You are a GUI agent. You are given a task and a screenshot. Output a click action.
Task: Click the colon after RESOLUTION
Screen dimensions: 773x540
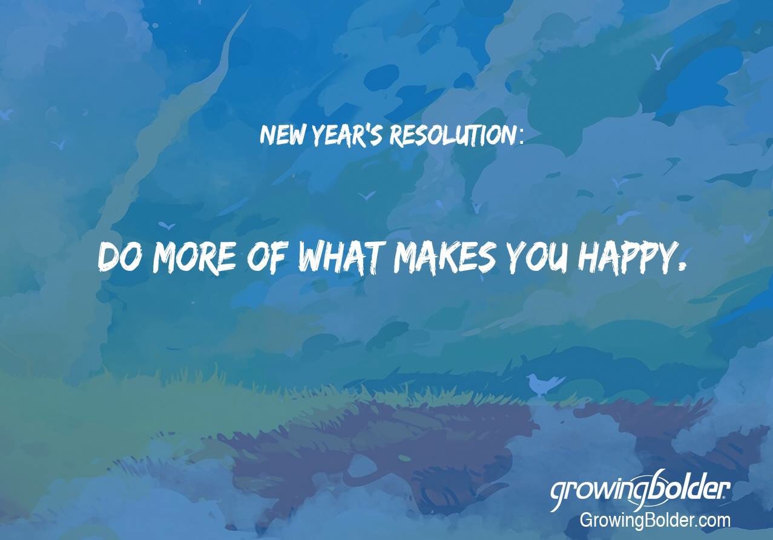521,137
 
